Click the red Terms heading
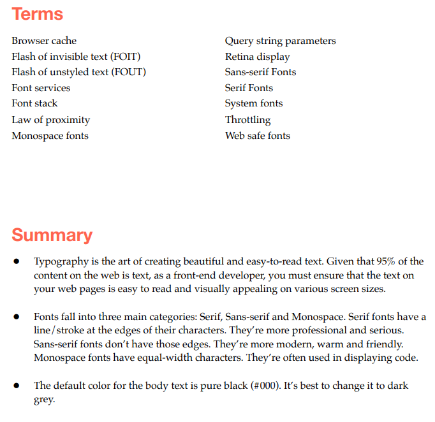[37, 14]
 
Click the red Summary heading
[52, 235]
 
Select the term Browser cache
[44, 41]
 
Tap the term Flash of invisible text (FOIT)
[76, 57]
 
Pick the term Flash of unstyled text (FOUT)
[78, 72]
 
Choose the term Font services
[41, 88]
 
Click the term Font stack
[34, 103]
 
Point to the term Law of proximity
[50, 120]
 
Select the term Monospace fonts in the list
[50, 136]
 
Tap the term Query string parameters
[280, 41]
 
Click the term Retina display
[257, 57]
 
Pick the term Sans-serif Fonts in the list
[260, 72]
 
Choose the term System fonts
[254, 103]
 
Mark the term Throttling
[247, 120]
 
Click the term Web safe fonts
[257, 136]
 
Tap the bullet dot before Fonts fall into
[17, 317]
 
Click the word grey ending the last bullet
[45, 400]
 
